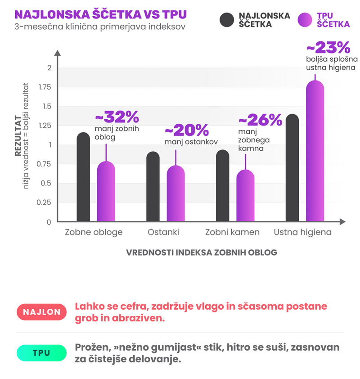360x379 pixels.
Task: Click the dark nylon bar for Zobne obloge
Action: pos(83,177)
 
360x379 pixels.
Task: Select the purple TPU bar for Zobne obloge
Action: pos(106,191)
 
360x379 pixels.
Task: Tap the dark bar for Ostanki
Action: pos(153,187)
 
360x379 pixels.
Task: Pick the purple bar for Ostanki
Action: pos(175,194)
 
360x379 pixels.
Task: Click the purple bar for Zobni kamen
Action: pos(245,196)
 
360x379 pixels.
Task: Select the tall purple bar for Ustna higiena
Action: pos(315,151)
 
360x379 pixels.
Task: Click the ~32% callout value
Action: pos(117,117)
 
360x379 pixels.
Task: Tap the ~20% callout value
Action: pos(187,131)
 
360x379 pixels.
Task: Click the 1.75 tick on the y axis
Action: pos(45,87)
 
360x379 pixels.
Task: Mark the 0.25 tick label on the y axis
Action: pos(45,202)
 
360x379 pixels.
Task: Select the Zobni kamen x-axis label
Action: pos(232,233)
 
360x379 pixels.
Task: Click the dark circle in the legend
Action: pos(227,20)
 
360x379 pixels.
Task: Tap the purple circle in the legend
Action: pos(305,20)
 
